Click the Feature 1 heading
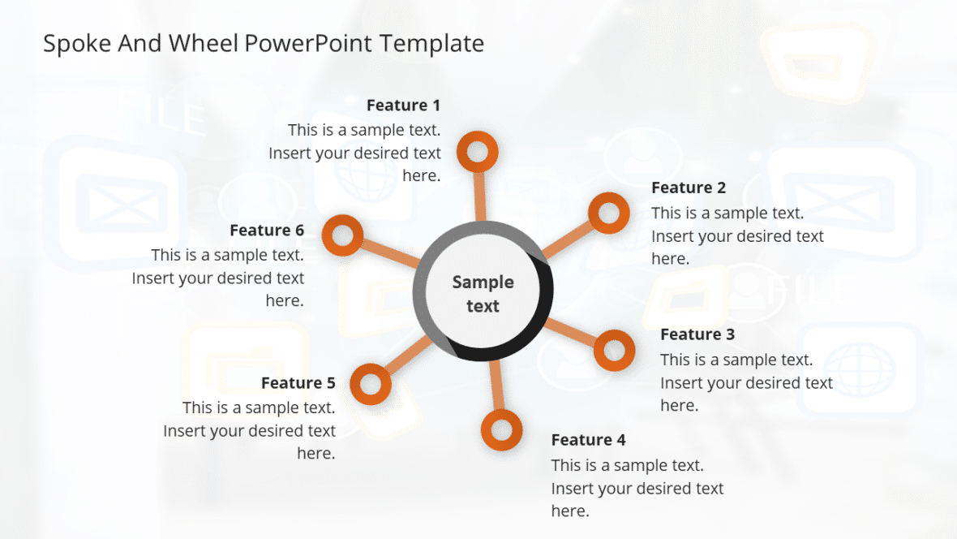[403, 106]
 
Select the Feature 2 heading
[689, 188]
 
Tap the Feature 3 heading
[697, 334]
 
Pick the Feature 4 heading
[588, 440]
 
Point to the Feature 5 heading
[298, 383]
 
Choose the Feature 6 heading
[267, 231]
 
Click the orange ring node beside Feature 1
[477, 152]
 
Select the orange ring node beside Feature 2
[608, 213]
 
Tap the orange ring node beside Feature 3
[614, 350]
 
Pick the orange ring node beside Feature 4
[501, 429]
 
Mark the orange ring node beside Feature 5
[371, 383]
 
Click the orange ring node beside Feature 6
[342, 236]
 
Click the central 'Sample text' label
[483, 294]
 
